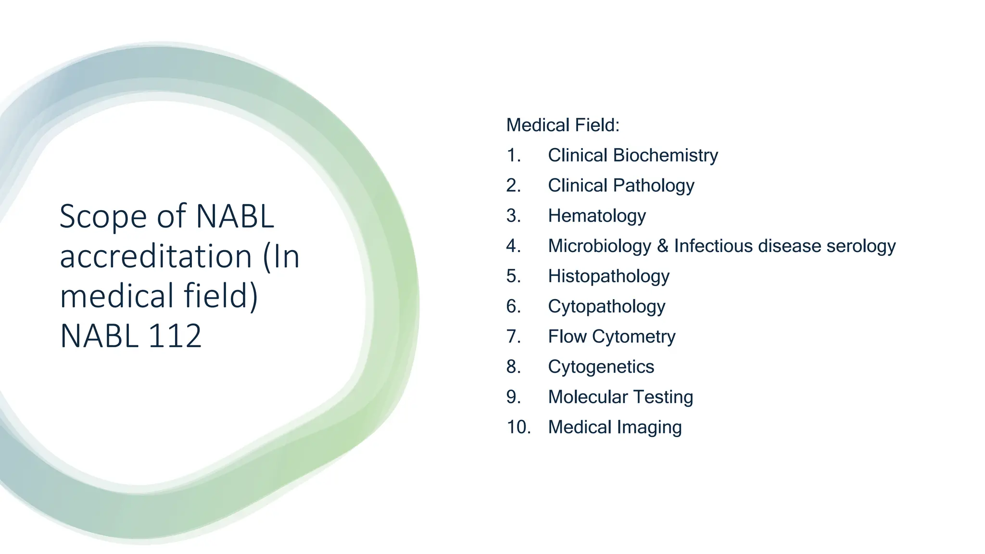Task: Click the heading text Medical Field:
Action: coord(563,125)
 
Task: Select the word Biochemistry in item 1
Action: coord(666,155)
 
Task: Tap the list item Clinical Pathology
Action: coord(621,186)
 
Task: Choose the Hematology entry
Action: coord(597,216)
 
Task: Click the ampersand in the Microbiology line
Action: coord(663,246)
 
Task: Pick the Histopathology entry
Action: coord(608,276)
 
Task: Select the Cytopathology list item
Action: coord(606,306)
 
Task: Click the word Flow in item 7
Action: coord(567,337)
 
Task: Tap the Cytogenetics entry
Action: coord(601,367)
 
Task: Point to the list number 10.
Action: coord(518,427)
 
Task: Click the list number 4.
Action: coord(513,246)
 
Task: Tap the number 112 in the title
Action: coord(175,336)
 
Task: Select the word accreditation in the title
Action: coord(156,256)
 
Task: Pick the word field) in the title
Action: coord(221,296)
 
